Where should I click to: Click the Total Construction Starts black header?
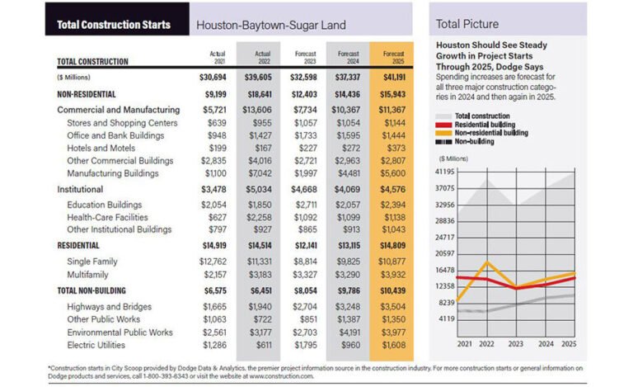114,24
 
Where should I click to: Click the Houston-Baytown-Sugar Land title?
270,25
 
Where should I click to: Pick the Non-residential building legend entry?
502,131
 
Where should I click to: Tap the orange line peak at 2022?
487,263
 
